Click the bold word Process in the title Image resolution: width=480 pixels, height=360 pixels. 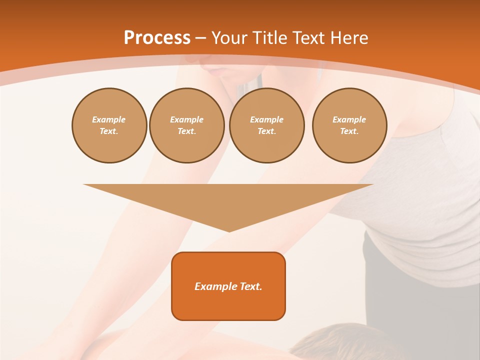(x=157, y=38)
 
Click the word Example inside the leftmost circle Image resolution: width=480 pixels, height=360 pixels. (x=109, y=119)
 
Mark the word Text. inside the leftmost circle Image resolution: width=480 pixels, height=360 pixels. (x=109, y=131)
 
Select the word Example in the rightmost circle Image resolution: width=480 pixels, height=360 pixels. (x=349, y=119)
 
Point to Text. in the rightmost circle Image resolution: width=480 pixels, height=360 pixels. (x=349, y=131)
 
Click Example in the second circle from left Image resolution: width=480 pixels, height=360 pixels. (x=187, y=119)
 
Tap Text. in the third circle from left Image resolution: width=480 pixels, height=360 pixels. (x=267, y=131)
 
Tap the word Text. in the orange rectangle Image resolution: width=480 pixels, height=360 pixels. (x=251, y=286)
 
